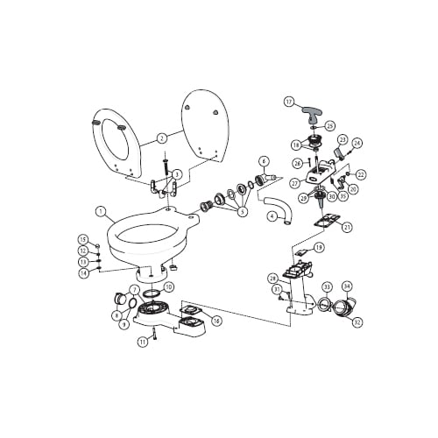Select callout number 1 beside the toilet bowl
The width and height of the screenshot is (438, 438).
(101, 210)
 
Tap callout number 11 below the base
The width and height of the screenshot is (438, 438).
(142, 343)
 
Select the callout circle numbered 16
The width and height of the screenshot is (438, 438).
(216, 321)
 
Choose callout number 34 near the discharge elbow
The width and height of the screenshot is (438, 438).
(347, 286)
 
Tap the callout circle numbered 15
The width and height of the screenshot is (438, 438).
(83, 238)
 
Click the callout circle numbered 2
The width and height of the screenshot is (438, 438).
(161, 138)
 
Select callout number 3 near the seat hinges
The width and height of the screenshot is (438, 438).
(177, 173)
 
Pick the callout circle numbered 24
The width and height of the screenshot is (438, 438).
(357, 142)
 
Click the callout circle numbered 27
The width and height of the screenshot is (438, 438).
(294, 183)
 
